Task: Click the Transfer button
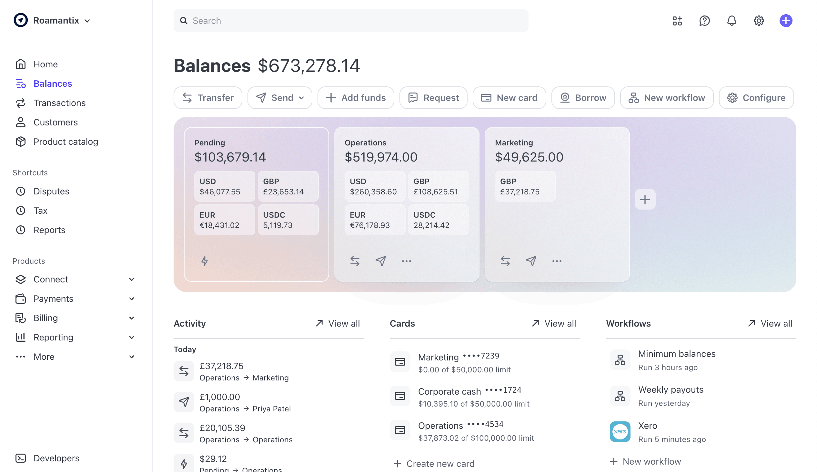pos(208,97)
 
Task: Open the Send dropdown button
pos(280,97)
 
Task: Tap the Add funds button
pos(356,97)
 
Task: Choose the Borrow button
pos(583,97)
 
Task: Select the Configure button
pos(756,97)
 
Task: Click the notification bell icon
pos(731,21)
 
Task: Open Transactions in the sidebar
pos(59,103)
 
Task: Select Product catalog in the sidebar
pos(66,142)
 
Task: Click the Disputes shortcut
pos(51,191)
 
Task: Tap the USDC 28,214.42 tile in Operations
pos(438,220)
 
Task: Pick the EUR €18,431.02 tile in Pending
pos(224,220)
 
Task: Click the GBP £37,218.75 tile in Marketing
pos(525,187)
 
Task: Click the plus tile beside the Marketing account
pos(645,199)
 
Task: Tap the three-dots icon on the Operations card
pos(406,261)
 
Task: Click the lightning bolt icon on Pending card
pos(205,261)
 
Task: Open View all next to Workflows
pos(770,323)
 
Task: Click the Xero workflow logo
pos(620,431)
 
